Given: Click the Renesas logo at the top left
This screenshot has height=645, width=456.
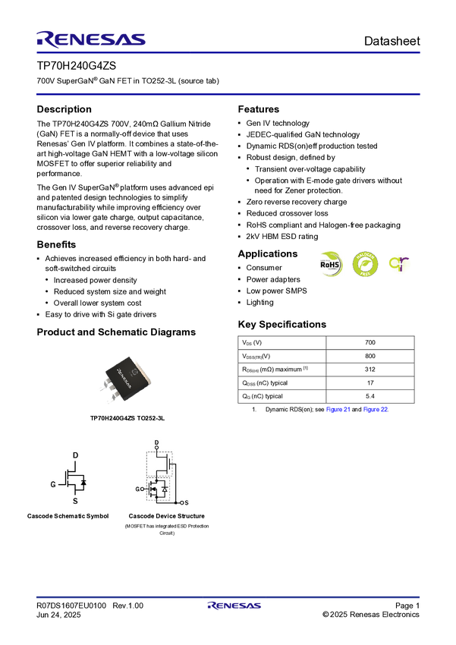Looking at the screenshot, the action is click(91, 39).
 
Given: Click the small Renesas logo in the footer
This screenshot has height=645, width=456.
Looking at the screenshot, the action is click(234, 606).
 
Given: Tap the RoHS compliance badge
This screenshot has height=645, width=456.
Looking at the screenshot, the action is click(331, 264).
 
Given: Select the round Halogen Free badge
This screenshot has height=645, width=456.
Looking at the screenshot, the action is click(364, 264).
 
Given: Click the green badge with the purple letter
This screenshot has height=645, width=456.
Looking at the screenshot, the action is click(400, 264).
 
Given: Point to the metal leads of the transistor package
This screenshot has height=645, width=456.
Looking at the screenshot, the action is click(111, 394).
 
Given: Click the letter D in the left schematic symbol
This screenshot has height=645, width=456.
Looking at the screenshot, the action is click(75, 455).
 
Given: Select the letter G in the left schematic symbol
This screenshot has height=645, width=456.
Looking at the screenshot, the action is click(53, 483).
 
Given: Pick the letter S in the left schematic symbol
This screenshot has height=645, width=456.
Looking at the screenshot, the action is click(75, 502).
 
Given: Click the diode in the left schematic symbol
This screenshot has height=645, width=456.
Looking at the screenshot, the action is click(83, 482).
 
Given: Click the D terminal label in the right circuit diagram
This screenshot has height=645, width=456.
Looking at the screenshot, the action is click(156, 442).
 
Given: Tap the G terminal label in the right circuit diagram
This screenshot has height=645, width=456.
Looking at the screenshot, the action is click(137, 489).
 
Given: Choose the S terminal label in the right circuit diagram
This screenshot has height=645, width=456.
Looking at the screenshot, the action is click(186, 503).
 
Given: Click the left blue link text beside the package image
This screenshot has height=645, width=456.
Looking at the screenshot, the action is click(338, 410).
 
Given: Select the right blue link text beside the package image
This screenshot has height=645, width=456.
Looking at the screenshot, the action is click(376, 410).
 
